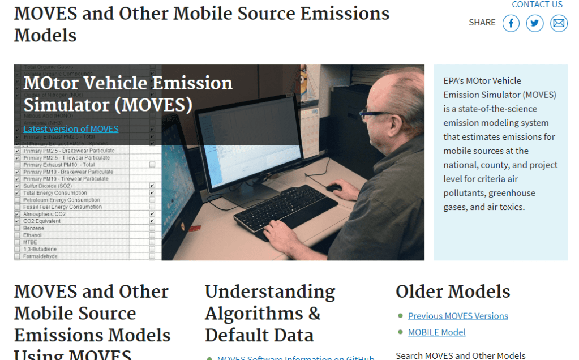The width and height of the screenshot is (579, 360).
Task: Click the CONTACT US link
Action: point(537,5)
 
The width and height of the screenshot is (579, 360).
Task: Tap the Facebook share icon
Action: point(511,23)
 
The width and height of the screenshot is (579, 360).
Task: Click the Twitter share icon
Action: point(535,23)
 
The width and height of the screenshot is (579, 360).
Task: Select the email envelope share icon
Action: point(559,23)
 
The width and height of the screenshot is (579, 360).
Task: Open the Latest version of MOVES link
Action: point(71,129)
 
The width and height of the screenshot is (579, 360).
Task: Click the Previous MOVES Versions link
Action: point(458,316)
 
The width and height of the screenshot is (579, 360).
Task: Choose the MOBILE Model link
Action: point(436,332)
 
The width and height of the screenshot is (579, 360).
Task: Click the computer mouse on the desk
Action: point(334,187)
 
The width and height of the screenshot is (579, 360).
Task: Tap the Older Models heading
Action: point(453,292)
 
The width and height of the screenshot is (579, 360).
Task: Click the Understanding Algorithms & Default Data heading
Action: point(270,313)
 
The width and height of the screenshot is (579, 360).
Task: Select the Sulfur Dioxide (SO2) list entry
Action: point(48,186)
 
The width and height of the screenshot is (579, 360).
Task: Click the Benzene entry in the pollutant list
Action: point(33,228)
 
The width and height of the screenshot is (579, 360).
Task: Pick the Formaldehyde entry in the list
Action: point(40,256)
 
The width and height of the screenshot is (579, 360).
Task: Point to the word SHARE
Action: point(482,23)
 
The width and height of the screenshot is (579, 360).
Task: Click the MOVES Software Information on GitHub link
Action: point(295,357)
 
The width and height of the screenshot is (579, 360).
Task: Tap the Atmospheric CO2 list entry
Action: point(45,214)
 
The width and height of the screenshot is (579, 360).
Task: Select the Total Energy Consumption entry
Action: point(55,193)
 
